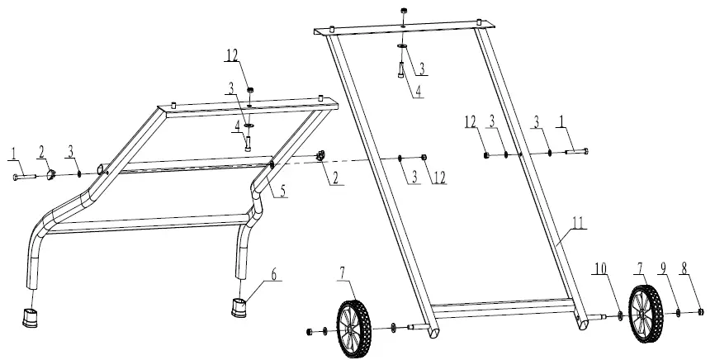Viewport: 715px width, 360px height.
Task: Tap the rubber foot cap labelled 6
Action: click(x=239, y=307)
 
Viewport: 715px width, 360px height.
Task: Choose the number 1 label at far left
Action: click(x=14, y=153)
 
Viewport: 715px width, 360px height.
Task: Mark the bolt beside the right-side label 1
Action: click(x=577, y=151)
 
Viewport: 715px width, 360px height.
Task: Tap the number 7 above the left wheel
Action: click(x=342, y=272)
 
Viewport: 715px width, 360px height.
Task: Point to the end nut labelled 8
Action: click(x=700, y=312)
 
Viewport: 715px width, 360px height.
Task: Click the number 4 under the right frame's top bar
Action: click(x=419, y=91)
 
